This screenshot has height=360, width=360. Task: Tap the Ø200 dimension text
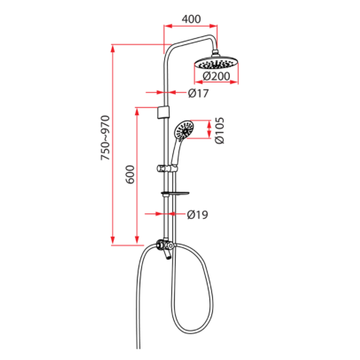point(215,76)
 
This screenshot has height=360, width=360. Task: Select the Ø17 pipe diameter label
point(197,92)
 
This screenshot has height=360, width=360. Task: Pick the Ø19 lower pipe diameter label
point(197,215)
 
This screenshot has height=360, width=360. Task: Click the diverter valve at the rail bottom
point(163,246)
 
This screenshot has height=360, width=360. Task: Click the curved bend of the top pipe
point(170,46)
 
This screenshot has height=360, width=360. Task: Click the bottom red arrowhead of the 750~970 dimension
point(113,241)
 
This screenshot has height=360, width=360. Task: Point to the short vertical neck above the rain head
point(218,52)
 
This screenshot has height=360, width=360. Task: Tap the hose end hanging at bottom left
point(139,341)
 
